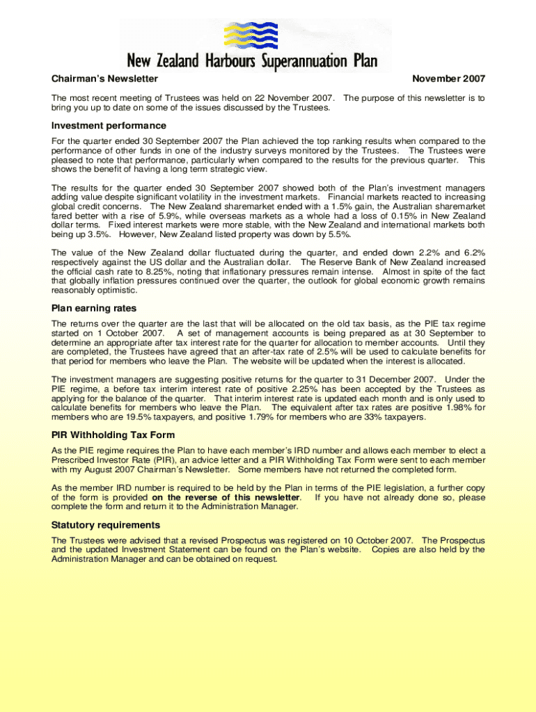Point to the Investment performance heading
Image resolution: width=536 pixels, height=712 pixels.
109,126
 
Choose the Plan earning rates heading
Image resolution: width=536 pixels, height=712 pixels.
94,308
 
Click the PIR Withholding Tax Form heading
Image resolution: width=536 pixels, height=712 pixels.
113,435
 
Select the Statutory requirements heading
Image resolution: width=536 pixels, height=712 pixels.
106,525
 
